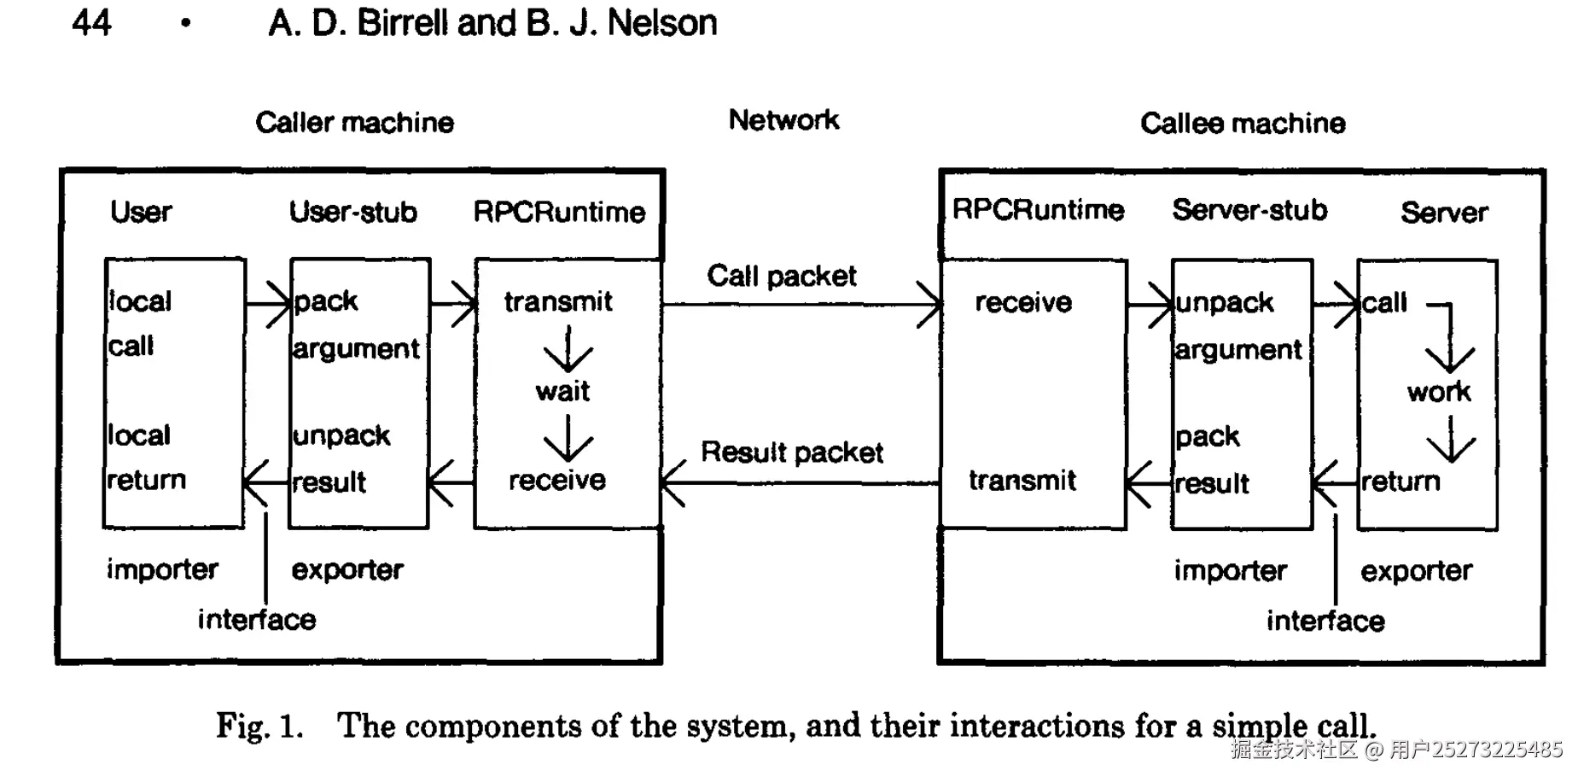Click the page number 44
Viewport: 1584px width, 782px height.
click(x=91, y=23)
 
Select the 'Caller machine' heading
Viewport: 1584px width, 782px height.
click(x=354, y=123)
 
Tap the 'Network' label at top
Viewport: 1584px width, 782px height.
click(x=783, y=120)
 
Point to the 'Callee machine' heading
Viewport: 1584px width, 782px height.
click(x=1243, y=124)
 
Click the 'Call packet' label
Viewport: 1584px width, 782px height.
click(x=781, y=277)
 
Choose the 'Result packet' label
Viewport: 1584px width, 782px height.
click(x=792, y=452)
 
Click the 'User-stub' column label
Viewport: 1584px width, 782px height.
click(x=353, y=212)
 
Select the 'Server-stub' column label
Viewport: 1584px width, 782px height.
click(x=1249, y=210)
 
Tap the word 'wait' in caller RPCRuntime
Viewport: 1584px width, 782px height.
click(x=562, y=392)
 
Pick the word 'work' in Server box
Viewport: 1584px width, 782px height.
click(x=1439, y=393)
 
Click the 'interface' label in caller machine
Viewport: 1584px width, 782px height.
click(x=257, y=620)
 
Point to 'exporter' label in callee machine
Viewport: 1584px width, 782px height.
click(x=1417, y=571)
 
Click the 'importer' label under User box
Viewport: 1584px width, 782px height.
click(x=162, y=569)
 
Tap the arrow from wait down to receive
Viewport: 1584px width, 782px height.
click(x=568, y=438)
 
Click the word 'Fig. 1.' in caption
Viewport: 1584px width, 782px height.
click(x=259, y=727)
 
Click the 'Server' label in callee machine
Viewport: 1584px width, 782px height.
click(x=1444, y=213)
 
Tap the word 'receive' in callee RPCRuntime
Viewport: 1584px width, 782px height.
click(x=1023, y=303)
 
